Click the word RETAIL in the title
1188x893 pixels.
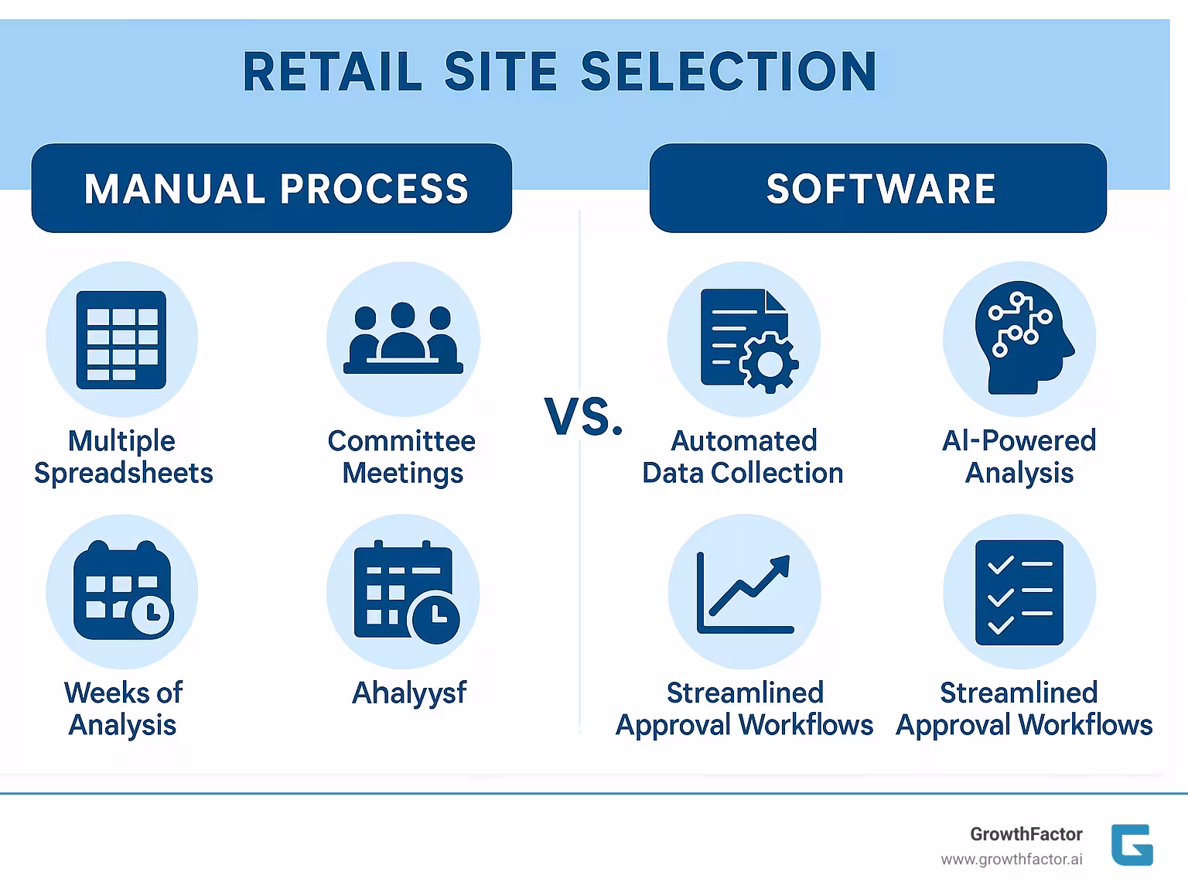(x=332, y=72)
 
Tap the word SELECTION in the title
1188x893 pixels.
(x=728, y=72)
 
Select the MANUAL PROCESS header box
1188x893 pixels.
(x=271, y=188)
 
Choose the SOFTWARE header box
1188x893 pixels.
(x=878, y=188)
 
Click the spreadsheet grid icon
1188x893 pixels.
(x=121, y=340)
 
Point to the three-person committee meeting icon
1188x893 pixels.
(x=403, y=339)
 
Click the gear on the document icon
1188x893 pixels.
(x=768, y=362)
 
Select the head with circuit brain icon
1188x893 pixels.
(x=1021, y=340)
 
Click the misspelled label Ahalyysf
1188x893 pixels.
(x=409, y=693)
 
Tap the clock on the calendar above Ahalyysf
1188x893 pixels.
(x=435, y=616)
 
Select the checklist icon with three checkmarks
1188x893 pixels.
(x=1019, y=593)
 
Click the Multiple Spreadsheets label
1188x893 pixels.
(x=123, y=457)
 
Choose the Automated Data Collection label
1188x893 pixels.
(x=742, y=457)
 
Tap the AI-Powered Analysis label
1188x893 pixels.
(x=1019, y=457)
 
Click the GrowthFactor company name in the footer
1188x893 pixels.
(x=1026, y=834)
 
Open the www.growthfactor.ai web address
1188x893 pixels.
(x=1011, y=860)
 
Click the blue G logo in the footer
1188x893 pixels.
(x=1132, y=845)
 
